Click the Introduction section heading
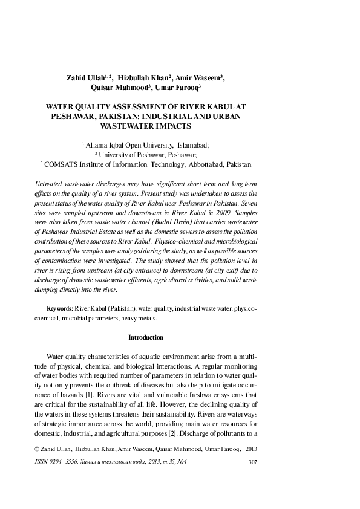pos(146,337)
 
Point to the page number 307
pos(254,463)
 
